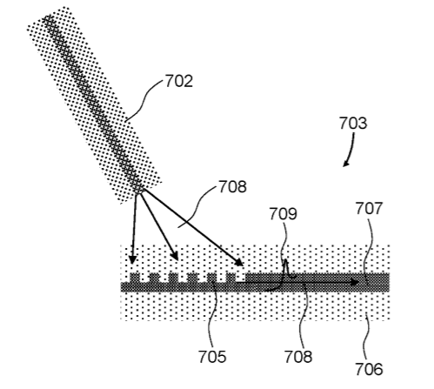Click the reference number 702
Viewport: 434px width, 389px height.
pyautogui.click(x=179, y=81)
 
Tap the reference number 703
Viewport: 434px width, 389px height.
pyautogui.click(x=353, y=123)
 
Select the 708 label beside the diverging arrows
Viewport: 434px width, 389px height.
pyautogui.click(x=232, y=186)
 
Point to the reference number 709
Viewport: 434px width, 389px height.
pyautogui.click(x=284, y=214)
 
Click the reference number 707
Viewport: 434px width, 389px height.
pyautogui.click(x=369, y=209)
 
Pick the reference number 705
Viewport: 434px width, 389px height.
pyautogui.click(x=212, y=357)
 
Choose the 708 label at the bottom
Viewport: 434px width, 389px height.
pyautogui.click(x=298, y=357)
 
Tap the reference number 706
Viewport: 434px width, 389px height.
pyautogui.click(x=369, y=369)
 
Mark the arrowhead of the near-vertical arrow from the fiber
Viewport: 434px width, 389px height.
pyautogui.click(x=132, y=259)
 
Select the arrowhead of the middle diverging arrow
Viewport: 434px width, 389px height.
pyautogui.click(x=174, y=256)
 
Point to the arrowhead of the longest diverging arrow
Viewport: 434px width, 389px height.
pyautogui.click(x=239, y=262)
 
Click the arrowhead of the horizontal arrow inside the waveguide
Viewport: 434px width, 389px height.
pyautogui.click(x=355, y=282)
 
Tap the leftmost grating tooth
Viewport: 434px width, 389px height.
pyautogui.click(x=135, y=278)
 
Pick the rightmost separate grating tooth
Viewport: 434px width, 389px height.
pyautogui.click(x=230, y=278)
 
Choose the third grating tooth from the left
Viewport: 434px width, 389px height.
pyautogui.click(x=173, y=278)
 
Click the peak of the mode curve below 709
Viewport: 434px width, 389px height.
pyautogui.click(x=285, y=260)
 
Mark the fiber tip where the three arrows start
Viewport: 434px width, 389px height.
pyautogui.click(x=140, y=191)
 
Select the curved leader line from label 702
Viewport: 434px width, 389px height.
pyautogui.click(x=144, y=100)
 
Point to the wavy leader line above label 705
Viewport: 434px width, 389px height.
pyautogui.click(x=214, y=315)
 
